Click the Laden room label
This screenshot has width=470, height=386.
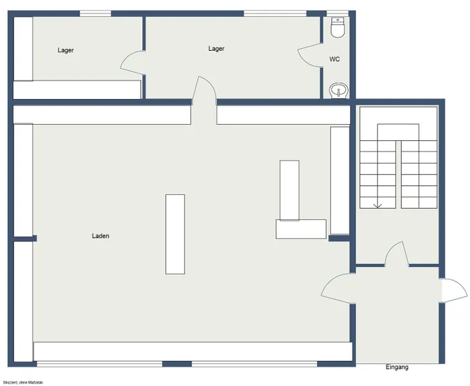(x=100, y=236)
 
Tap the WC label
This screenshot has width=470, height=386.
(x=334, y=59)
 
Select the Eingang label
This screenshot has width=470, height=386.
(x=397, y=367)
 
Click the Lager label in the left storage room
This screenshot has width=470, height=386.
(x=66, y=50)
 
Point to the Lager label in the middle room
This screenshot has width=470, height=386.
(x=217, y=49)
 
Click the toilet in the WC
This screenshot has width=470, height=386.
(x=338, y=27)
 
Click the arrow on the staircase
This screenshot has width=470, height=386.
(x=377, y=205)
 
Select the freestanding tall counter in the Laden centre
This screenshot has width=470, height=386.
(x=175, y=234)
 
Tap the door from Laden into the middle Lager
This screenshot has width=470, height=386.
(x=205, y=90)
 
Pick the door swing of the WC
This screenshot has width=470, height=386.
(x=310, y=54)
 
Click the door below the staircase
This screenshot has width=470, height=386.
(x=395, y=255)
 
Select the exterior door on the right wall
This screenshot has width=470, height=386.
(x=453, y=289)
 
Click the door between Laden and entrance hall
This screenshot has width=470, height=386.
(x=337, y=288)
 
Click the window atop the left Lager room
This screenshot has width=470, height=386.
(x=95, y=13)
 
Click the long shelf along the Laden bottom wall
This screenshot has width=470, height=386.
(x=193, y=351)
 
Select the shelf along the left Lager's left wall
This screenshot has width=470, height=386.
(x=23, y=48)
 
